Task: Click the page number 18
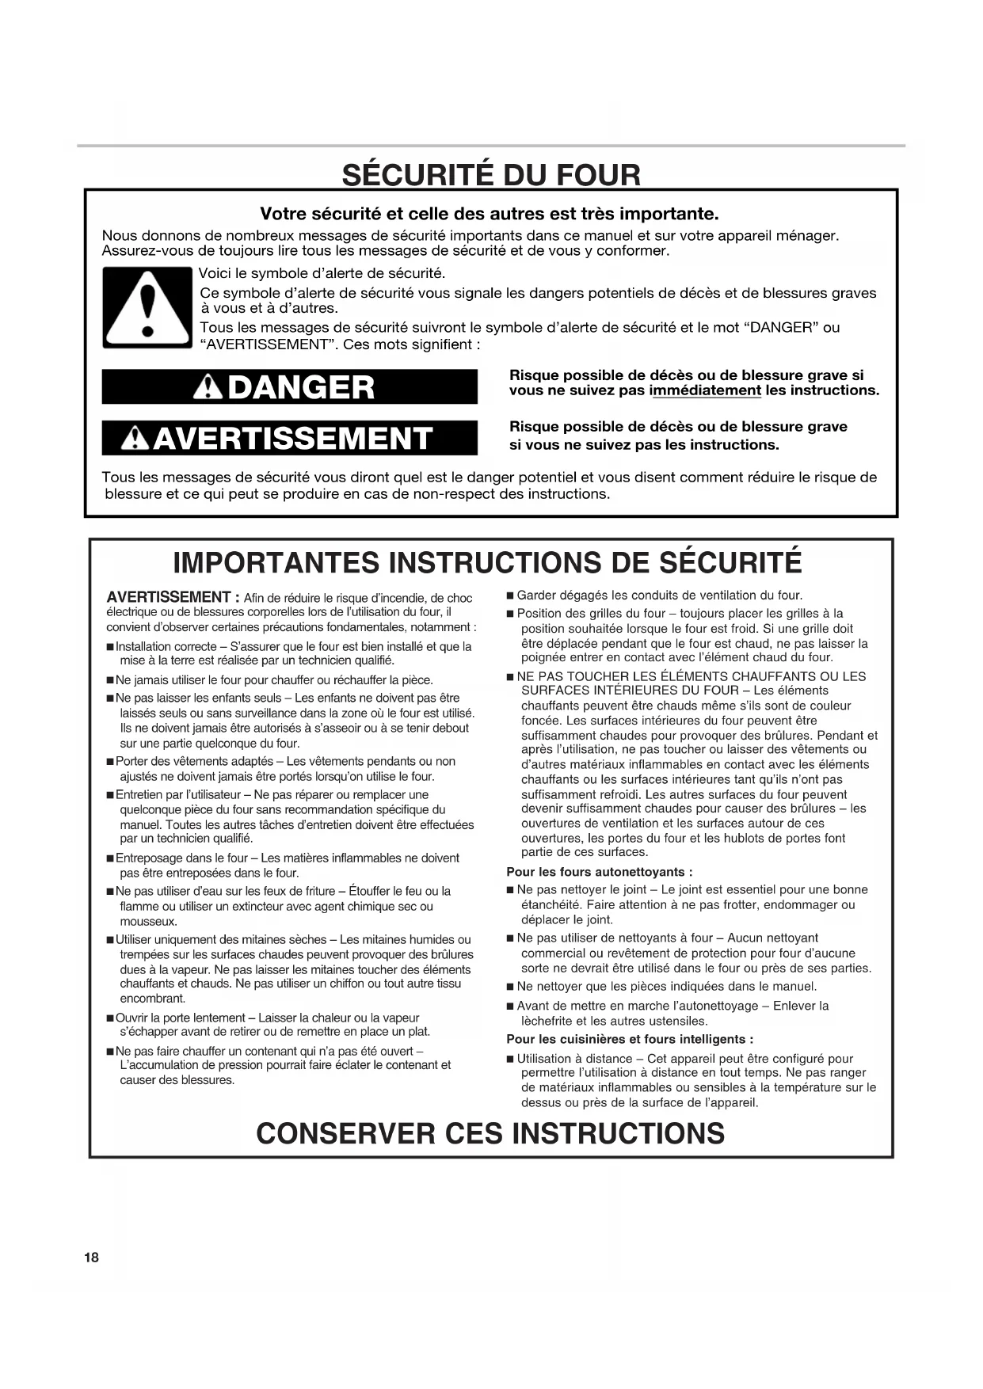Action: [91, 1258]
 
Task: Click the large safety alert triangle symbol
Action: [147, 308]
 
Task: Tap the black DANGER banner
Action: [290, 387]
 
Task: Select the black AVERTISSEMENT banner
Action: [290, 438]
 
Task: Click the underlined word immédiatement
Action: [705, 390]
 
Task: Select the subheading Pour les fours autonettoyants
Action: [600, 872]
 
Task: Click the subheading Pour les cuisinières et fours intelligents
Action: [630, 1039]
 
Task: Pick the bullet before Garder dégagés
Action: [511, 596]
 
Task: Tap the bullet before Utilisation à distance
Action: [511, 1059]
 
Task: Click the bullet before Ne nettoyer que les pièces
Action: [511, 987]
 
